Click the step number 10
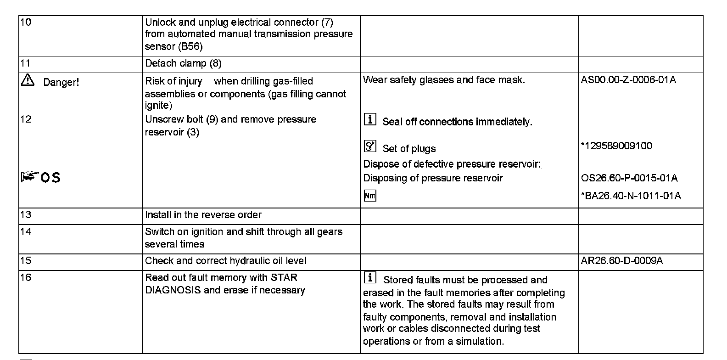point(26,22)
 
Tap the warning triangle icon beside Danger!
point(28,81)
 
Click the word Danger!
point(61,83)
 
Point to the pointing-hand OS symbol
point(40,177)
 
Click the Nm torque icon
point(369,196)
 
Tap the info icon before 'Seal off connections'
point(369,120)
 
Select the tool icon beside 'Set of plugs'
point(369,146)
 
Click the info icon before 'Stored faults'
point(369,278)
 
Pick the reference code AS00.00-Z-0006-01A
point(628,80)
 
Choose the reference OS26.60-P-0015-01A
point(629,178)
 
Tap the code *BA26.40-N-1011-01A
point(631,196)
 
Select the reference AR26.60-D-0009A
point(621,261)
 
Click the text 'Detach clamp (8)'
point(183,63)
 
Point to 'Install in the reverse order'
point(203,215)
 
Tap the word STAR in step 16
point(284,278)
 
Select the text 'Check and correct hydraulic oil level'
point(225,261)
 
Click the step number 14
point(26,231)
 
